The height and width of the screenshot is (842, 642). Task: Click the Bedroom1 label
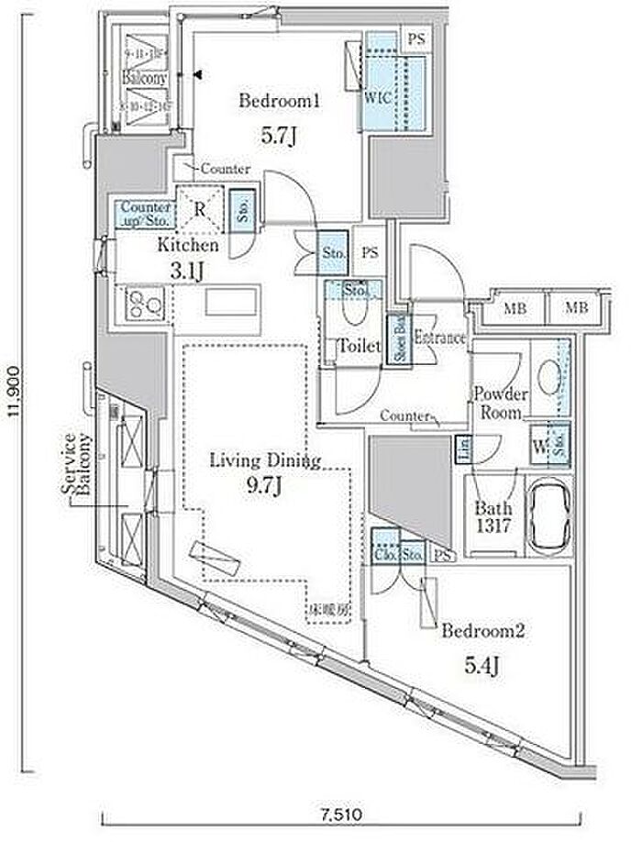(279, 103)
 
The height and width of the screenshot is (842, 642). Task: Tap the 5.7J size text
(278, 136)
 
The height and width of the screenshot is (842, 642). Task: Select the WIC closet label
(378, 96)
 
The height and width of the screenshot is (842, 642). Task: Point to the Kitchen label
(187, 246)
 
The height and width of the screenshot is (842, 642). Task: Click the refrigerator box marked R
(199, 207)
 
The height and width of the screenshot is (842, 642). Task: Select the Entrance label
(440, 338)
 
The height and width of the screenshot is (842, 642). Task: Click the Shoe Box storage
(399, 340)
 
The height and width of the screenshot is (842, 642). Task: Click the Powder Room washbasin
(550, 376)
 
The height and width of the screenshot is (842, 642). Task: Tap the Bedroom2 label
(482, 630)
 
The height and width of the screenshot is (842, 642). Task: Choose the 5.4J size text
(482, 667)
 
